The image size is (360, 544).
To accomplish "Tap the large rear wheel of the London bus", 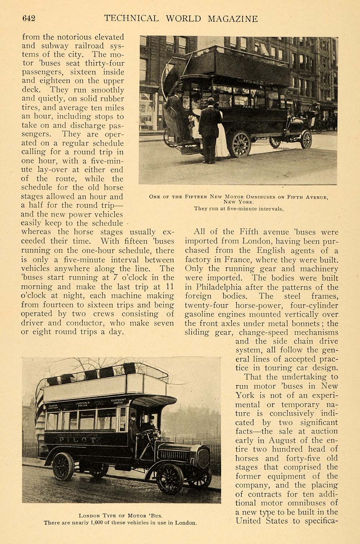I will pyautogui.click(x=63, y=466).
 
